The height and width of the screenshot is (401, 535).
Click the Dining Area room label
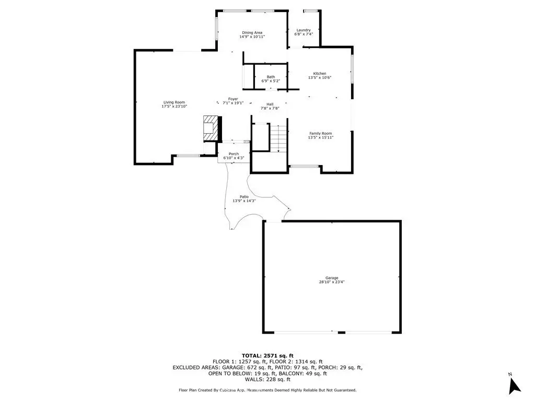click(x=252, y=33)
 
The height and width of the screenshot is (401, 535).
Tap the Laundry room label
click(x=304, y=30)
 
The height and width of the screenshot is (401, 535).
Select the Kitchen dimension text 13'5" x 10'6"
click(x=320, y=77)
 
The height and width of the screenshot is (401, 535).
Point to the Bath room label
click(x=271, y=77)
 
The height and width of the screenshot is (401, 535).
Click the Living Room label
click(x=174, y=102)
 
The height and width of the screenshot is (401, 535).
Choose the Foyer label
click(x=233, y=99)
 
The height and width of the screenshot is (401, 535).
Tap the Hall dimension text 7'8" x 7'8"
click(x=270, y=108)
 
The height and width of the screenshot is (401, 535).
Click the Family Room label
click(x=320, y=134)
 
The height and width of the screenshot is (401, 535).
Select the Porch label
click(x=234, y=154)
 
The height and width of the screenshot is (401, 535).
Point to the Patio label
click(x=244, y=197)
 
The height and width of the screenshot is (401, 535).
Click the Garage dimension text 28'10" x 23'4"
click(x=332, y=282)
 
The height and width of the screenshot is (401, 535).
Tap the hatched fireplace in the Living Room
click(x=211, y=128)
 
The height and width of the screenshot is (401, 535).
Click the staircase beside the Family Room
click(x=278, y=138)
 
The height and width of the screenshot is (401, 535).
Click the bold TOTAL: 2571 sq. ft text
click(x=267, y=356)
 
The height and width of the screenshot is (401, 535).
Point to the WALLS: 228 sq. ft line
click(x=267, y=379)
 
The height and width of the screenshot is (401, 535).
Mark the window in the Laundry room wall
click(x=310, y=11)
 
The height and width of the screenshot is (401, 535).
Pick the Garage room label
click(x=332, y=278)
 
